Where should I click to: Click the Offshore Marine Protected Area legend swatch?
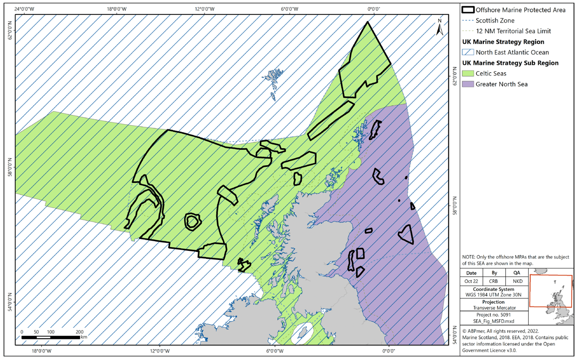coord(468,10)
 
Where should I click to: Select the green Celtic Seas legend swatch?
coord(468,73)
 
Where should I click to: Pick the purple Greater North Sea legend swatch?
coord(468,84)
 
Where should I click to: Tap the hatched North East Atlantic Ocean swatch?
coord(468,52)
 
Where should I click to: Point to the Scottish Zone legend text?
coord(495,20)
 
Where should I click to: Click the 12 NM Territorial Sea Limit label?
coord(513,31)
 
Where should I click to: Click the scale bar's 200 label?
coord(79,332)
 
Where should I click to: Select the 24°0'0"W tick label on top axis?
coord(25,9)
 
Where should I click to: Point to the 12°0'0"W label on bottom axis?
coord(159,351)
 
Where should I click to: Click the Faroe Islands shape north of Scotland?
coord(275,74)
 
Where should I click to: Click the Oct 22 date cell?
coord(471,281)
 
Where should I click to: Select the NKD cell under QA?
coord(516,281)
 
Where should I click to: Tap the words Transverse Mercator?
coord(495,308)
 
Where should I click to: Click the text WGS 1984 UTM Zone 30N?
coord(495,295)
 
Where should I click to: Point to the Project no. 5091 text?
coord(495,315)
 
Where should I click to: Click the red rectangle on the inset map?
coord(551,291)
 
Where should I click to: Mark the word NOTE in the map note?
coord(470,257)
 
